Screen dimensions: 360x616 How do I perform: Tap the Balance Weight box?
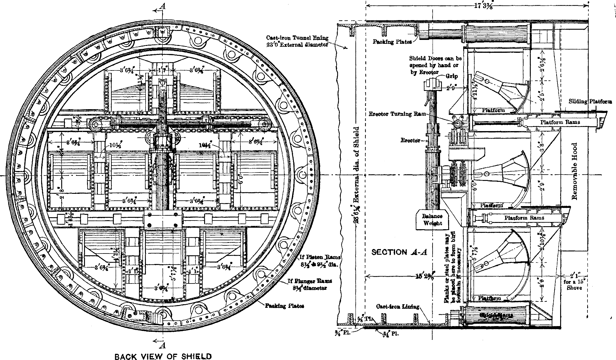[x=432, y=220]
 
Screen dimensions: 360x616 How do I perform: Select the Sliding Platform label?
[x=590, y=102]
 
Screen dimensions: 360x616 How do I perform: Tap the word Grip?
[x=452, y=76]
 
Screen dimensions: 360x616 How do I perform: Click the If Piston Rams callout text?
[x=319, y=261]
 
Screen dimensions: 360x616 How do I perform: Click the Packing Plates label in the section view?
[x=392, y=42]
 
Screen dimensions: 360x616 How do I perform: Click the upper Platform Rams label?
[x=560, y=122]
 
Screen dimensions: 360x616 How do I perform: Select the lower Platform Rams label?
[x=524, y=218]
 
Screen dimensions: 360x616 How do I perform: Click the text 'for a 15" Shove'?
[x=574, y=285]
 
